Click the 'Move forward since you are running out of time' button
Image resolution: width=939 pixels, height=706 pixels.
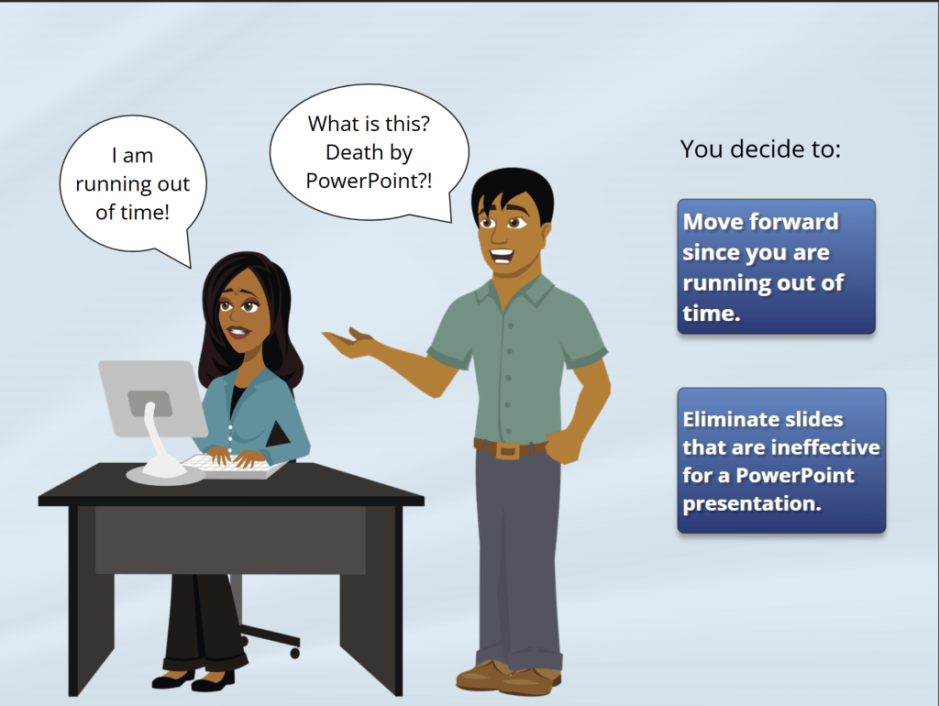click(776, 267)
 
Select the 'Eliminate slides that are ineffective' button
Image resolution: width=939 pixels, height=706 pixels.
click(781, 460)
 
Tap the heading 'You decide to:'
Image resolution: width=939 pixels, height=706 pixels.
click(760, 149)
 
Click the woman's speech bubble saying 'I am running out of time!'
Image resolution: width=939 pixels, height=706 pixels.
click(133, 184)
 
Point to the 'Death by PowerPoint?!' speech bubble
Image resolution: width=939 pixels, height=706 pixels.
click(369, 152)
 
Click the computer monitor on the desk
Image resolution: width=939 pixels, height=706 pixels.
click(153, 398)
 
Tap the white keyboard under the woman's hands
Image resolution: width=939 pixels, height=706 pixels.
click(234, 467)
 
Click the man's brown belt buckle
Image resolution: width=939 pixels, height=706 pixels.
click(508, 450)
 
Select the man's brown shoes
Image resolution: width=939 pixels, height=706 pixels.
click(508, 678)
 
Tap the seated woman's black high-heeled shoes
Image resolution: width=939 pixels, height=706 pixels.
click(193, 679)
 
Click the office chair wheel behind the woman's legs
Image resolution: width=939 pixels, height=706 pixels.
click(294, 653)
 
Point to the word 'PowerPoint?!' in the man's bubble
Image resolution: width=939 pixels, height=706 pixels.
click(369, 181)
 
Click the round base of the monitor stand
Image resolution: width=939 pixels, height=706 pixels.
click(165, 474)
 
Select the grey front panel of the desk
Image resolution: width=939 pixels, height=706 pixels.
click(230, 540)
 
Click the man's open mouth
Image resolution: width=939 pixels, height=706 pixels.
click(502, 256)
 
